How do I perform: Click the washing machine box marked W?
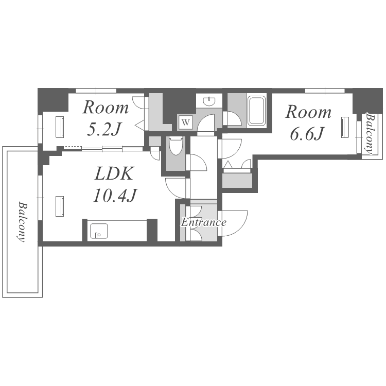(186, 122)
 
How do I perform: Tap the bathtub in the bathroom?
(256, 111)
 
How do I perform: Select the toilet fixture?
(176, 146)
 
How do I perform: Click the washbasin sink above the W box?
(209, 101)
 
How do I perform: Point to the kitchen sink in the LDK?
(99, 231)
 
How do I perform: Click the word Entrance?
(204, 222)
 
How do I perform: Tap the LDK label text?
(114, 173)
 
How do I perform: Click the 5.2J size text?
(104, 129)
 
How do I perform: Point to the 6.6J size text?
(307, 134)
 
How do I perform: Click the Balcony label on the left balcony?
(22, 222)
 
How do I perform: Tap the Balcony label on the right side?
(369, 133)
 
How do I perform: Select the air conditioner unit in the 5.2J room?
(60, 127)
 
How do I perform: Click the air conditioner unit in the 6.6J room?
(345, 127)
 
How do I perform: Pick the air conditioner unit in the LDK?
(60, 206)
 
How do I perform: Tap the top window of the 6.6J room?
(325, 91)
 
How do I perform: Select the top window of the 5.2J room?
(96, 91)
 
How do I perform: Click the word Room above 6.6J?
(308, 112)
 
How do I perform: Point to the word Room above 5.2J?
(106, 108)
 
